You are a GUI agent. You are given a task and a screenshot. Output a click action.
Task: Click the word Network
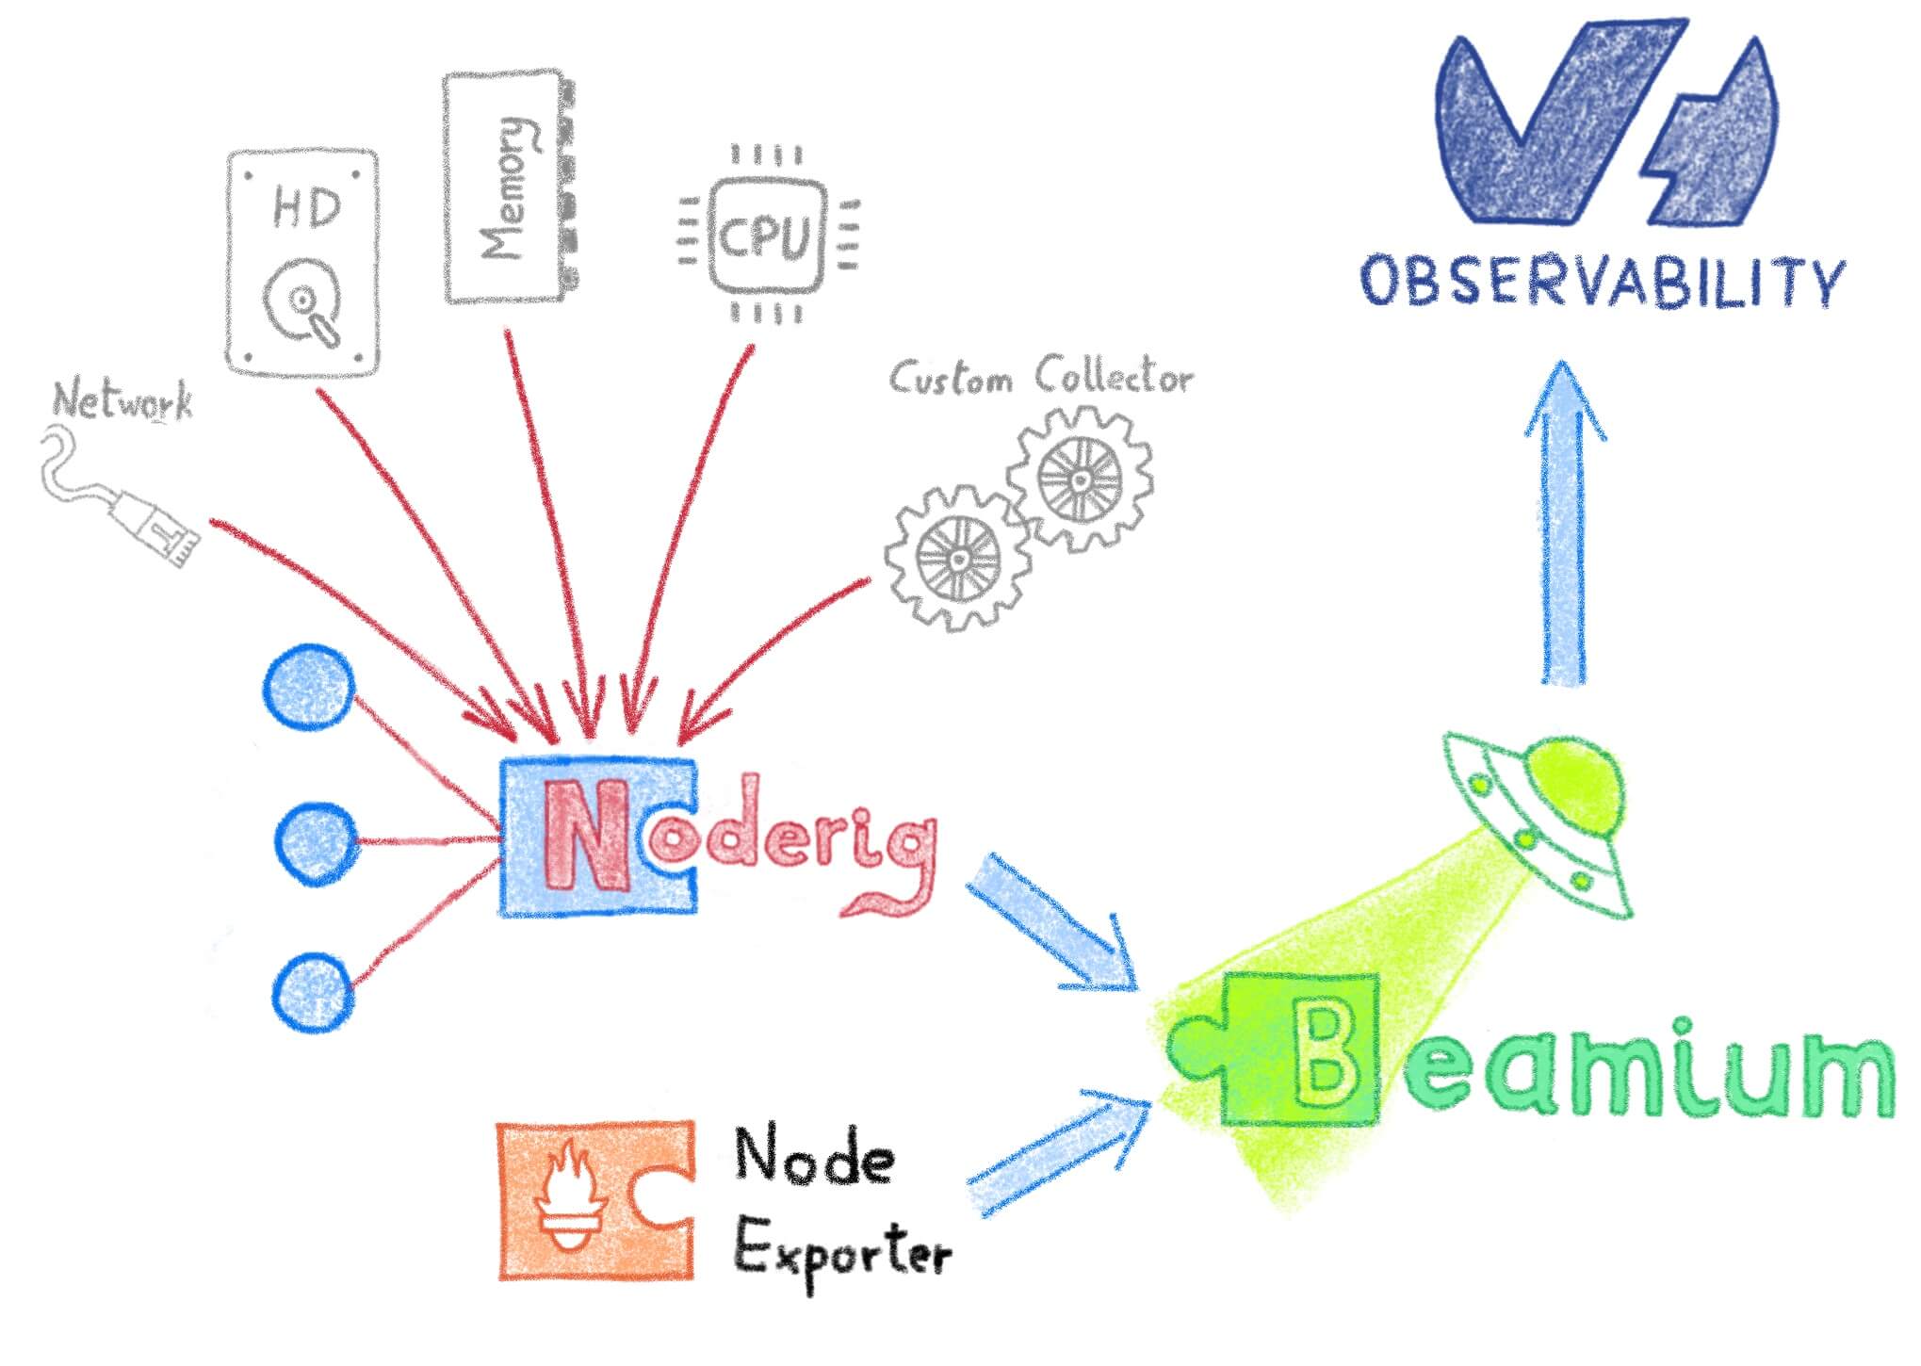pyautogui.click(x=122, y=401)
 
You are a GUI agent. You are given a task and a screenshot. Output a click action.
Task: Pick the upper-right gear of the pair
pyautogui.click(x=1080, y=479)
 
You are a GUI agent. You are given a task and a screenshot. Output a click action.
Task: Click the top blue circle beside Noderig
pyautogui.click(x=309, y=686)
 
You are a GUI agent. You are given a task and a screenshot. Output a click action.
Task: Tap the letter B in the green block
pyautogui.click(x=1326, y=1057)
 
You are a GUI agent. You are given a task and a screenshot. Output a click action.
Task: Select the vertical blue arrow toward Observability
pyautogui.click(x=1564, y=528)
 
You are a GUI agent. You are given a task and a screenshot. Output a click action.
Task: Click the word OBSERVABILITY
pyautogui.click(x=1602, y=281)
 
